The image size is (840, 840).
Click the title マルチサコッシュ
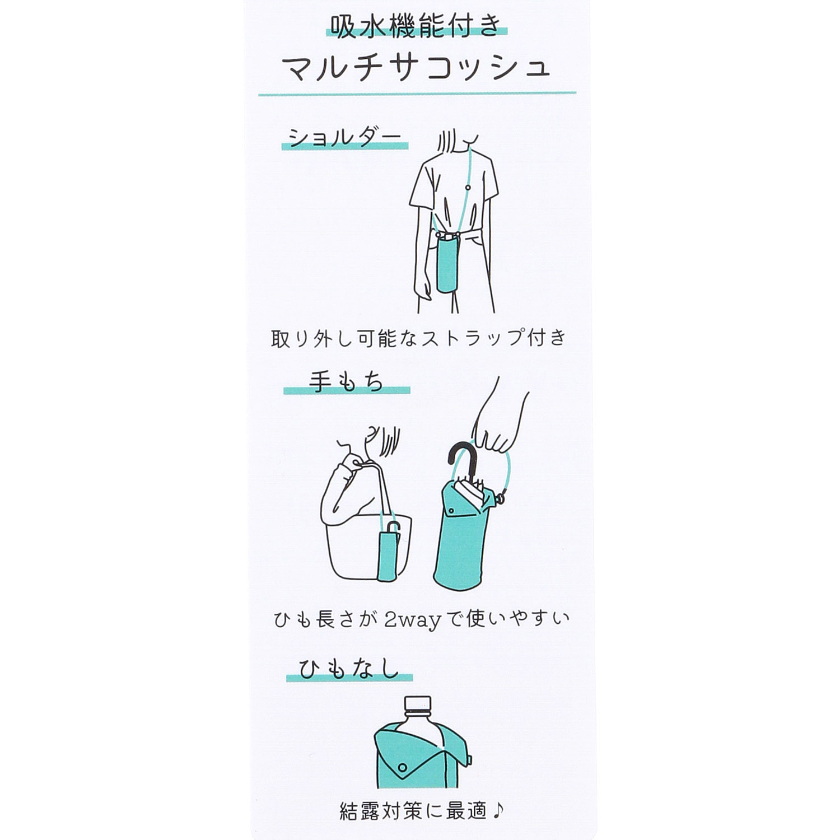[417, 67]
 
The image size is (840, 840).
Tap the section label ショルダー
[344, 137]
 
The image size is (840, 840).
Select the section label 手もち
[346, 382]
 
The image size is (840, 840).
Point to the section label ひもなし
[348, 669]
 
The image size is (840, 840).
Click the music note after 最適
[498, 810]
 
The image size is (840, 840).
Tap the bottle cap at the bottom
[417, 704]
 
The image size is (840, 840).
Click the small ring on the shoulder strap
[468, 187]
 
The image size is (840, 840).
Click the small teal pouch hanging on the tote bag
[386, 554]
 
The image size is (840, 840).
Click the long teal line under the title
[417, 94]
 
